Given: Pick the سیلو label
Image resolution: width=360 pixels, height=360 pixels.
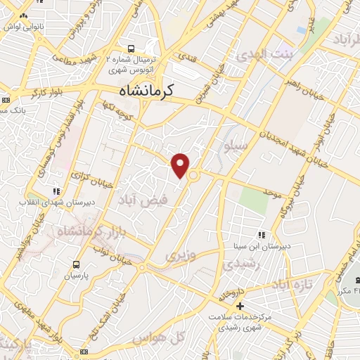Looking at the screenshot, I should tap(235, 146).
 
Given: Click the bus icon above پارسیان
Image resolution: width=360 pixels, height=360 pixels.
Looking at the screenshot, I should tap(76, 265).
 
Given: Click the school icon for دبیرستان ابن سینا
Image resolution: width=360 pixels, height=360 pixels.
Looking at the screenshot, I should tap(261, 235).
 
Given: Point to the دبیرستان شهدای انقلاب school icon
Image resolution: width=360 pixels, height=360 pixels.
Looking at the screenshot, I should tap(57, 191).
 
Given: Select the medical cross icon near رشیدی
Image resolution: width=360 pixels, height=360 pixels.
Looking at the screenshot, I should tap(240, 307).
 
